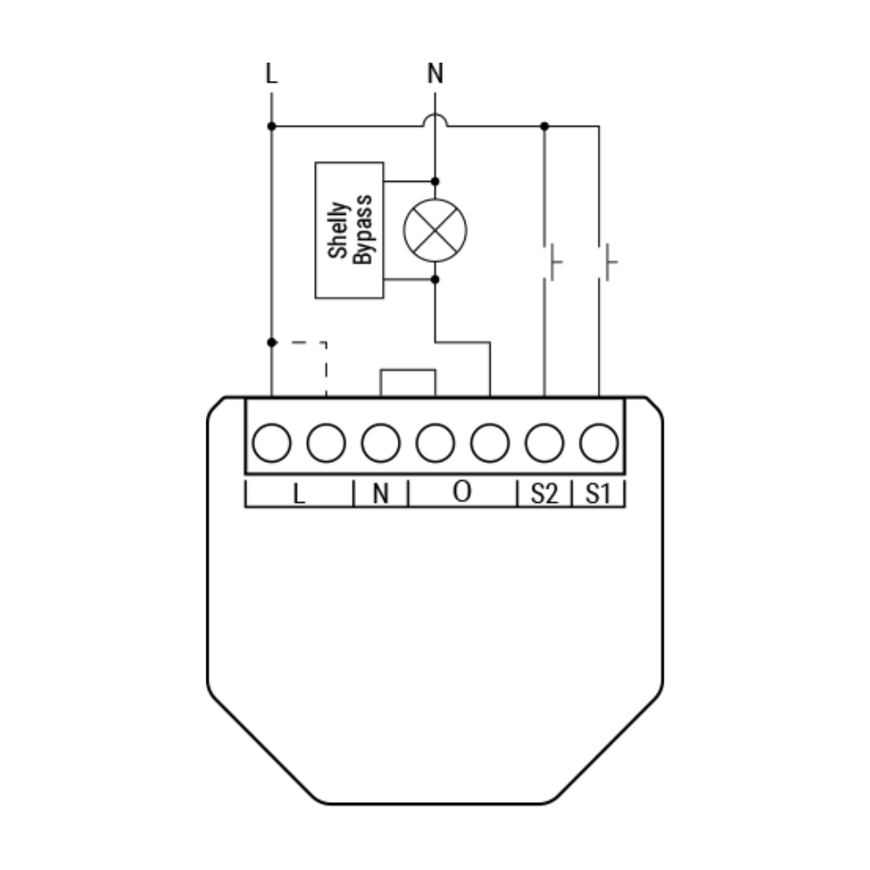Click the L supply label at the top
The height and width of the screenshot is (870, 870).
click(271, 73)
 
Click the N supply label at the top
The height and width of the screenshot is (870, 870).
click(435, 73)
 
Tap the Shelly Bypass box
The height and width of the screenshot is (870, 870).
click(349, 231)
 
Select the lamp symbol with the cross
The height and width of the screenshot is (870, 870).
click(435, 231)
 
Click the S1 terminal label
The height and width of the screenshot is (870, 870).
click(599, 493)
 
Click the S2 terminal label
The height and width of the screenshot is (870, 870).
click(544, 493)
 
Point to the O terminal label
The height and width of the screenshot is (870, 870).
click(462, 491)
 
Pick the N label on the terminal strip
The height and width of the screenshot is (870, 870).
click(381, 493)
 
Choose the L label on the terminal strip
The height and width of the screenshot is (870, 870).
click(298, 493)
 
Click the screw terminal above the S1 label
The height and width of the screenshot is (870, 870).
click(599, 443)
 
